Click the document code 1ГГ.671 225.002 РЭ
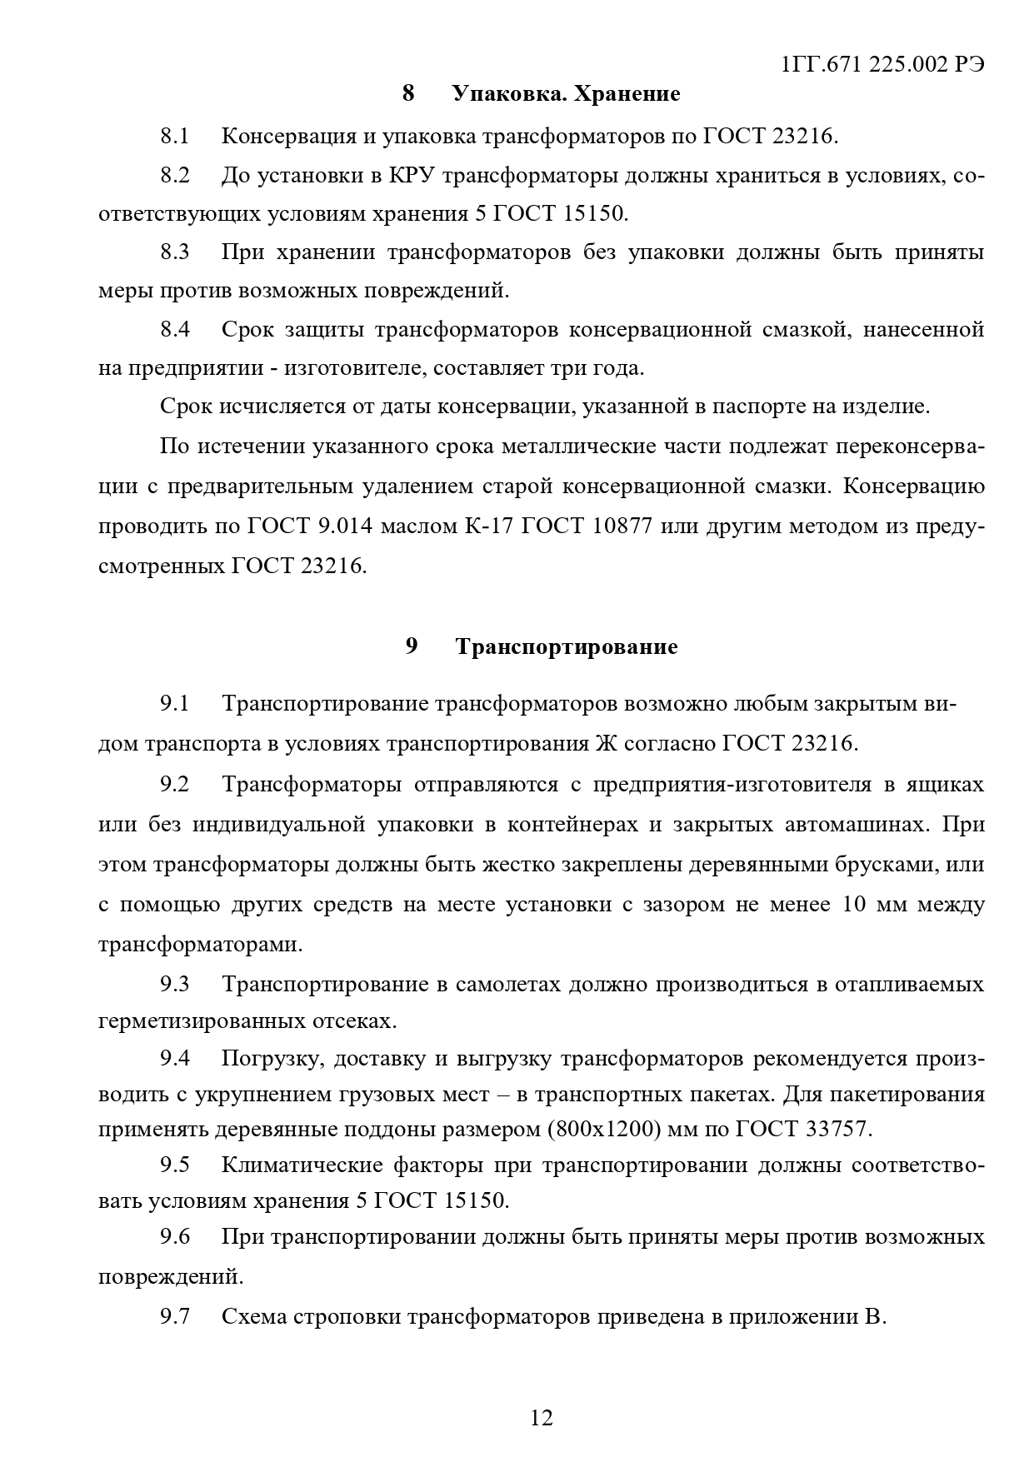[x=883, y=65]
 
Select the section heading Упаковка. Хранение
[x=566, y=93]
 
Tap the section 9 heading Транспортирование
[x=567, y=646]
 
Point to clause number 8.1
[x=175, y=136]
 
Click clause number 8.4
[x=175, y=329]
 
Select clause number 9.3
[x=175, y=984]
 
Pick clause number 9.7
[x=175, y=1316]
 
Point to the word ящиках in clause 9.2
[x=949, y=784]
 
